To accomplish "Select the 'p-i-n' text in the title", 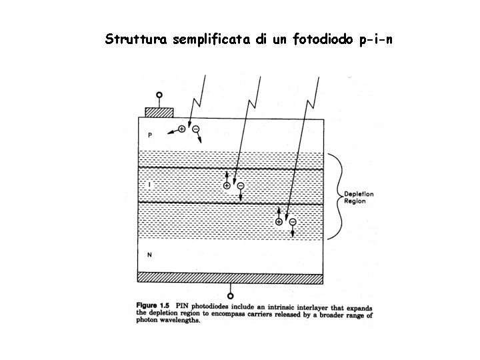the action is click(375, 39).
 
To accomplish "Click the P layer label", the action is click(150, 135).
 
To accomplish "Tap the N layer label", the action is click(150, 254).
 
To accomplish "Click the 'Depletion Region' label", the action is click(359, 197).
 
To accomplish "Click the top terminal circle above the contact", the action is click(159, 96).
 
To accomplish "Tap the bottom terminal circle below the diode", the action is click(231, 295).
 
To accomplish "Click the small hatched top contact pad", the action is click(159, 111).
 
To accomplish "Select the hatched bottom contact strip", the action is click(231, 277).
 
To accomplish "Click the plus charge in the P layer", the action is click(182, 129).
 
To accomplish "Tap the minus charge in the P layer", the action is click(196, 129).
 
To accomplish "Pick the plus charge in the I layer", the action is click(227, 185).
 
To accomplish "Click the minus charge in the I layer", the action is click(241, 186).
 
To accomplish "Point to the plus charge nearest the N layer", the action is click(279, 221).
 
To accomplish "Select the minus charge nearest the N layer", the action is click(293, 221).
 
